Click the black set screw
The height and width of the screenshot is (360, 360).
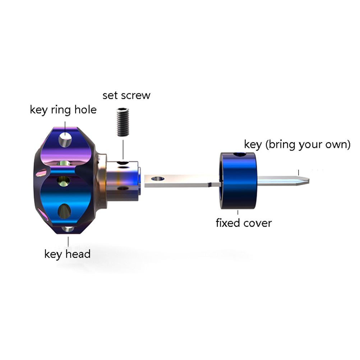123,122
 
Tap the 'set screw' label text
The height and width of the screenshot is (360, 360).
126,96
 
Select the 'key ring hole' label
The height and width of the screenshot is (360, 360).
63,110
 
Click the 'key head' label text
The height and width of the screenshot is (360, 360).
67,254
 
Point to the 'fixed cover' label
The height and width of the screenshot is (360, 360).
244,223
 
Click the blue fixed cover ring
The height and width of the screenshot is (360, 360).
239,181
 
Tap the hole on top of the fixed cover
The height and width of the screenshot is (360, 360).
240,154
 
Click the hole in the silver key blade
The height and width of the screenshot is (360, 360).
158,179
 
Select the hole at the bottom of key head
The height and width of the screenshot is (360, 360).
68,229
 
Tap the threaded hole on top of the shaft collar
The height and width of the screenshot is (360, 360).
123,163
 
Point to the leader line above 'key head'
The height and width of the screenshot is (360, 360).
68,241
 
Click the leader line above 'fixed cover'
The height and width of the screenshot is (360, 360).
237,212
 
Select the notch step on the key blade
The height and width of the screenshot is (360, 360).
209,184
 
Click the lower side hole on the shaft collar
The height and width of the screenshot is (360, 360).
123,189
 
